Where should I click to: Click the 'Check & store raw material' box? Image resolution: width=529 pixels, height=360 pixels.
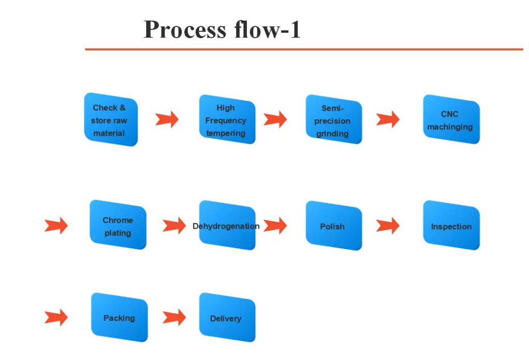pos(111,119)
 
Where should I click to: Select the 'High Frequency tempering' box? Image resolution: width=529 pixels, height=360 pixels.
pos(227,119)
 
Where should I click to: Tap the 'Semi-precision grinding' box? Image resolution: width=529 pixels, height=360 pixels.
pos(334,119)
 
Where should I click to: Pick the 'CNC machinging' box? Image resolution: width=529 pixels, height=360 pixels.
pos(452,119)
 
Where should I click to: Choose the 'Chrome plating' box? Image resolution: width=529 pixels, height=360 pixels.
pos(118,225)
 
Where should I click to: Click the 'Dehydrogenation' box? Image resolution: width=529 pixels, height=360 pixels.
pos(227,225)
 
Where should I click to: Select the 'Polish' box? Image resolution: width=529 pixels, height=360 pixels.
pos(334,225)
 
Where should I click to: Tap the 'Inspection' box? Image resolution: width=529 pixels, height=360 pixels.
pos(452,225)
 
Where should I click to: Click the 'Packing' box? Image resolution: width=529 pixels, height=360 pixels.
pos(119,317)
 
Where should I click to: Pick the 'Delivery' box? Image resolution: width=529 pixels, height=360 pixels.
pos(227,317)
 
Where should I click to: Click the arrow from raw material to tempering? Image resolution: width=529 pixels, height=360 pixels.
pos(167,119)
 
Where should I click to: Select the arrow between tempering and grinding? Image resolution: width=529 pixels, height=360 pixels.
pos(275,119)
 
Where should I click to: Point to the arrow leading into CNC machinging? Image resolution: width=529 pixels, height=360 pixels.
pos(388,119)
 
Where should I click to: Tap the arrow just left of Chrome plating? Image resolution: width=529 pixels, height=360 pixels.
pos(56,225)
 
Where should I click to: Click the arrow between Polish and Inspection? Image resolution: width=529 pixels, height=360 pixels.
pos(388,225)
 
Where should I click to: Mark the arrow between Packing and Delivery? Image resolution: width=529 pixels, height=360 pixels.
pos(175,317)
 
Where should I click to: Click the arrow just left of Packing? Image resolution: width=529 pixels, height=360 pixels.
pos(56,317)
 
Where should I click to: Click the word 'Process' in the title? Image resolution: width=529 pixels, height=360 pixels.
pos(185,29)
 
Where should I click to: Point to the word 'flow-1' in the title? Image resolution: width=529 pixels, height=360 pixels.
pos(268,29)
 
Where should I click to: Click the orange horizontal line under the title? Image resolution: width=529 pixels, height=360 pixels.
pos(304,49)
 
